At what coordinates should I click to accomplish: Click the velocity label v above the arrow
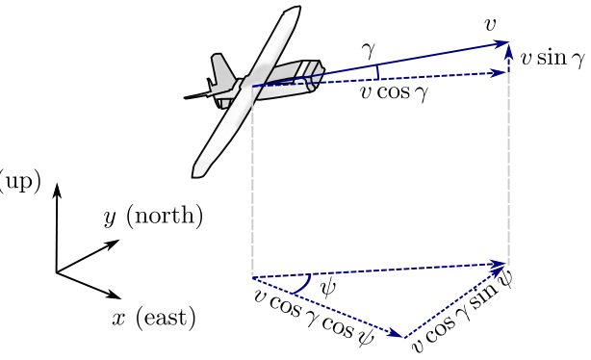(x=490, y=25)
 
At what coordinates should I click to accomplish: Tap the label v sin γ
(x=552, y=59)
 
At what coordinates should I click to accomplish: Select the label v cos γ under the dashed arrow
(x=395, y=92)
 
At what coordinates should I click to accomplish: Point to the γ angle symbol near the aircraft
(x=368, y=51)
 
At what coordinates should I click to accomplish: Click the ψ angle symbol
(x=327, y=289)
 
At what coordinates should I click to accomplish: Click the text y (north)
(x=153, y=217)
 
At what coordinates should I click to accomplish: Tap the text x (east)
(x=154, y=319)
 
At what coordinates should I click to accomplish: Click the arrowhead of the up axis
(x=57, y=190)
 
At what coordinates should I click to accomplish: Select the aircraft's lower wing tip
(x=198, y=171)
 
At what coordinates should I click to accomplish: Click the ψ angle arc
(x=304, y=285)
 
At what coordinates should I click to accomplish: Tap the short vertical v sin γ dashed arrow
(x=509, y=59)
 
